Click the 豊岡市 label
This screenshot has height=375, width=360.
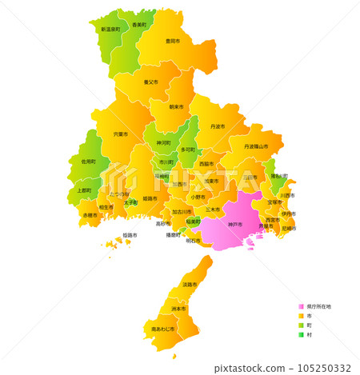(172, 40)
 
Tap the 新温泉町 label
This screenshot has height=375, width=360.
(110, 29)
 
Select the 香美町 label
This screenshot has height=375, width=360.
(139, 25)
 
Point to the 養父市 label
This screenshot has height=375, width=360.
(151, 82)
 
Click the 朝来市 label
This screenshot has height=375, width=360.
(176, 106)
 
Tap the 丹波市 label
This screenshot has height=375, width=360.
(218, 126)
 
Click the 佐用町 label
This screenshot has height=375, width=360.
(88, 162)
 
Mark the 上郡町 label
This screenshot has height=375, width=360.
(84, 191)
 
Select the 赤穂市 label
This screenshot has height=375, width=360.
(90, 215)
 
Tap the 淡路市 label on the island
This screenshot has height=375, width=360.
(190, 285)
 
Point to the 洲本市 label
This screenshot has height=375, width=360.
(178, 309)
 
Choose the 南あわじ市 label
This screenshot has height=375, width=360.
(163, 329)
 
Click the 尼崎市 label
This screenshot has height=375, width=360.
(289, 229)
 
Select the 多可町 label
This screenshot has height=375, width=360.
(188, 150)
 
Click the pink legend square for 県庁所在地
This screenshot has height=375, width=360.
(301, 306)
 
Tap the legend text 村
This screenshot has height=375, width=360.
(309, 335)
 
